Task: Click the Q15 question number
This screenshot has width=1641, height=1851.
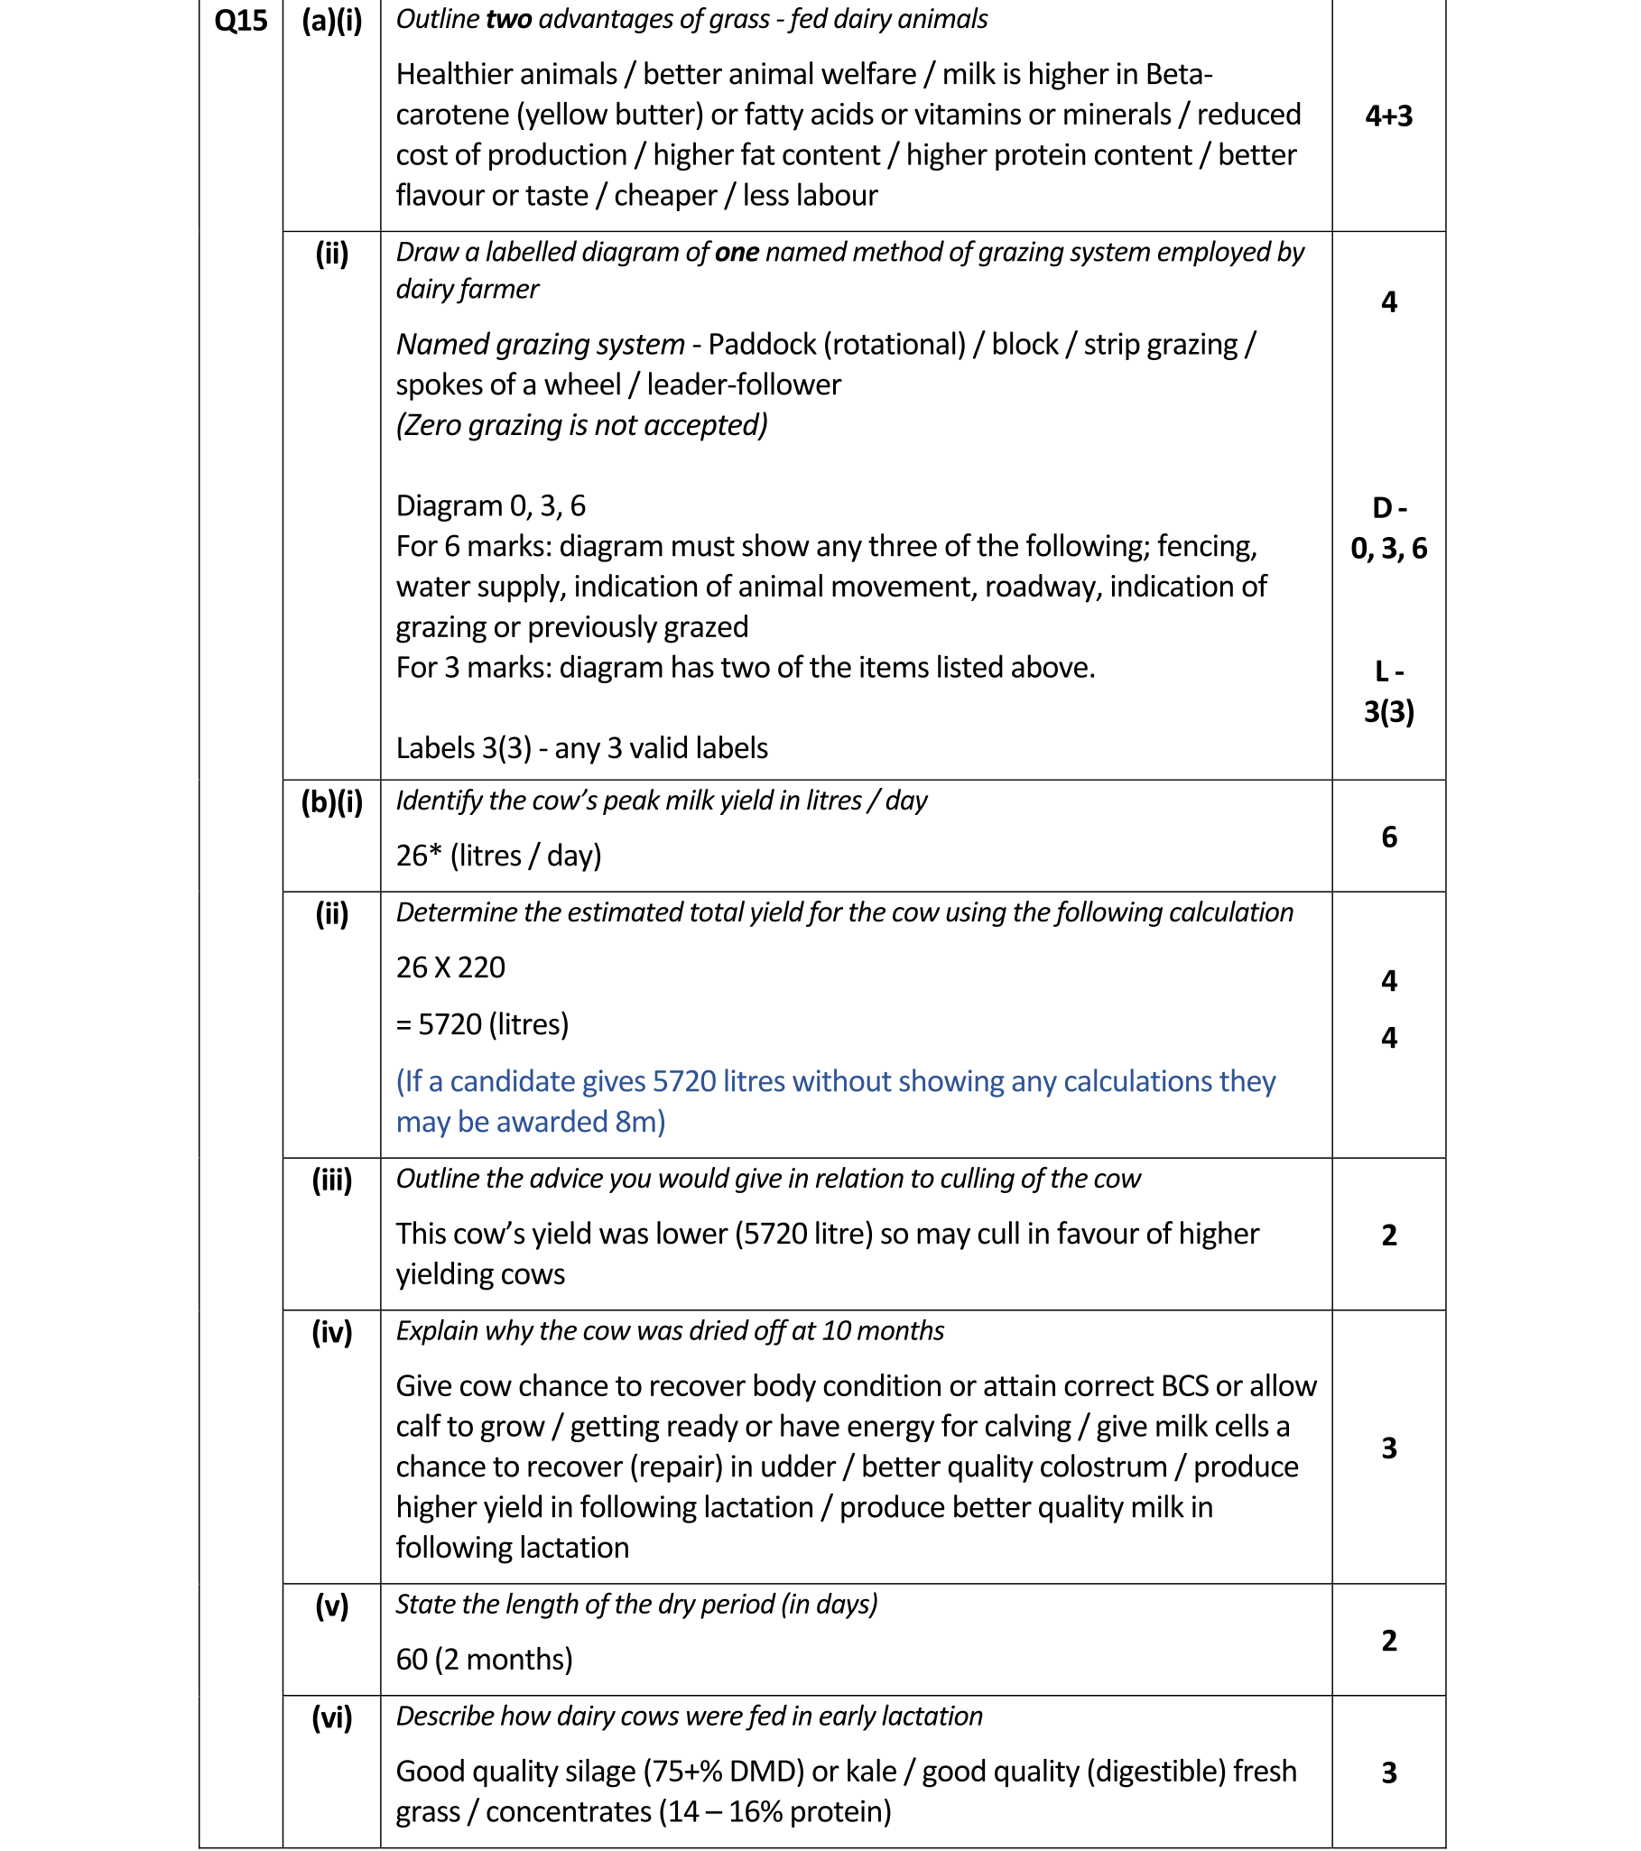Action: click(240, 21)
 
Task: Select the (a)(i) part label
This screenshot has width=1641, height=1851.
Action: click(331, 21)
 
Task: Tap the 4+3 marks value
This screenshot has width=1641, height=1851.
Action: click(1388, 116)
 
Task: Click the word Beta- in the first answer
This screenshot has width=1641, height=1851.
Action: click(1178, 74)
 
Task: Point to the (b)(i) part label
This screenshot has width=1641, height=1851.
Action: click(331, 801)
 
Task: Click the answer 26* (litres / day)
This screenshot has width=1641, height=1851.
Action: click(498, 856)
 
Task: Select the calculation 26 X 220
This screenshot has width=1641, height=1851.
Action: click(450, 967)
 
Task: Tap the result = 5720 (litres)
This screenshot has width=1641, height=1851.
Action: click(482, 1024)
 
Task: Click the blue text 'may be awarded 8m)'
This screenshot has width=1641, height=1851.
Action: click(531, 1122)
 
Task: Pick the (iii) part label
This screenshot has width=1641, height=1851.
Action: click(331, 1180)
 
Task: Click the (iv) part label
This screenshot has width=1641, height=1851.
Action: click(331, 1332)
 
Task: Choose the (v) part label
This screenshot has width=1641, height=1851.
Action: click(331, 1606)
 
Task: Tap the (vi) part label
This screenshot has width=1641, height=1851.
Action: click(331, 1717)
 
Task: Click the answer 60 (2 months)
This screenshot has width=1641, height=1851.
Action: click(484, 1659)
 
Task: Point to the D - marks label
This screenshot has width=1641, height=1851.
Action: click(1388, 508)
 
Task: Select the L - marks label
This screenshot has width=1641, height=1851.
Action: click(1388, 671)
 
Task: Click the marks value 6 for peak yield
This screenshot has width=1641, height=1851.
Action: click(1388, 837)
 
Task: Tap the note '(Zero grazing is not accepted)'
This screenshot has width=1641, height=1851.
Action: click(581, 425)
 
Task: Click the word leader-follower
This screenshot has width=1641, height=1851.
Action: click(744, 384)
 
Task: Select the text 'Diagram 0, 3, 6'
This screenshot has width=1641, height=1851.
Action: click(490, 505)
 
